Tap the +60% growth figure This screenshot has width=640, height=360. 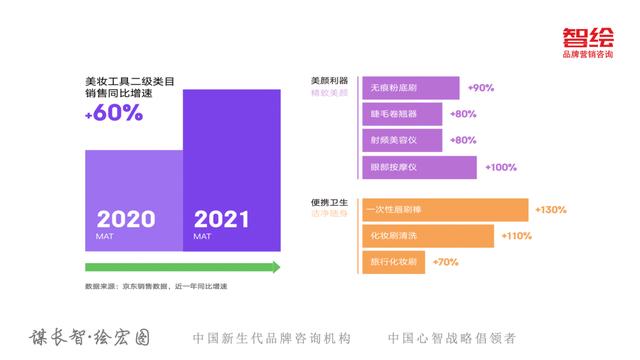pos(114,113)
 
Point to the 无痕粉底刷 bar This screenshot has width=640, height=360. pos(409,88)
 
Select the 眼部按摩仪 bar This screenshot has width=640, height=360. pos(417,167)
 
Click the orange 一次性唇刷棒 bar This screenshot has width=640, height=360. pos(443,210)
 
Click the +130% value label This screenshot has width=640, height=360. pos(551,210)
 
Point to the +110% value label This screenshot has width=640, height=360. pos(516,236)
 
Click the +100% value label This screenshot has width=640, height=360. pos(501,167)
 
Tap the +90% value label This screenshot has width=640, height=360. pos(481,88)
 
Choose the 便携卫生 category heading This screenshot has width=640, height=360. pos(328,202)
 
